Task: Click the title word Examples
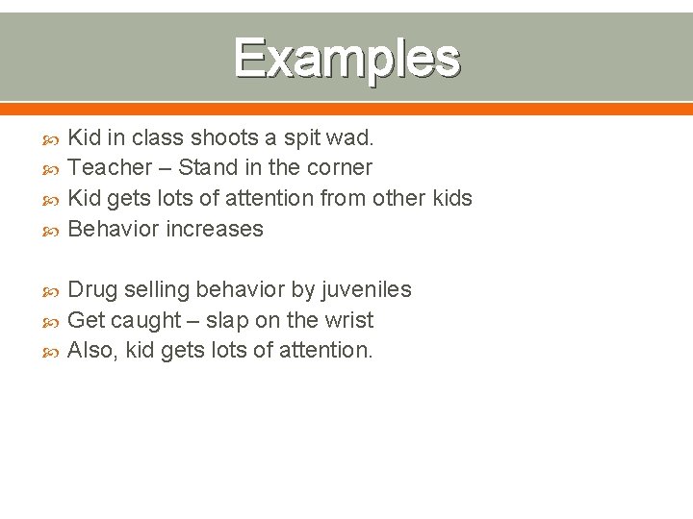(x=346, y=58)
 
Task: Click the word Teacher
(x=110, y=168)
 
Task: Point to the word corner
(x=339, y=168)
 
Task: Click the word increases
(x=218, y=230)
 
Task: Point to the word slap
(x=227, y=321)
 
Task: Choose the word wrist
(x=347, y=321)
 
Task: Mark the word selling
(x=155, y=290)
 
